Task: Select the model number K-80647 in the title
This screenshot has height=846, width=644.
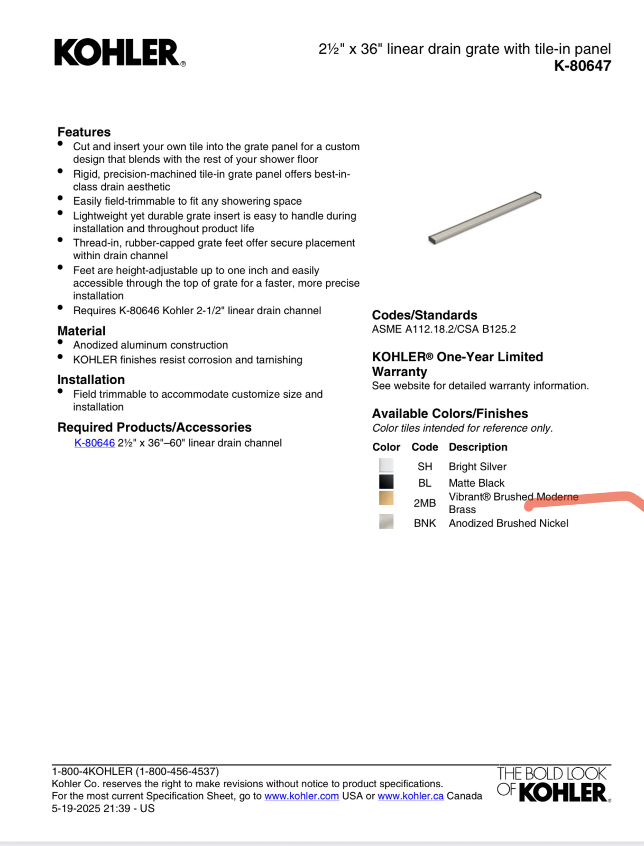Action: pyautogui.click(x=582, y=66)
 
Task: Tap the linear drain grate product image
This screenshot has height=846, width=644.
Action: pyautogui.click(x=484, y=217)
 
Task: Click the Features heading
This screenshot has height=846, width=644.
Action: pyautogui.click(x=84, y=132)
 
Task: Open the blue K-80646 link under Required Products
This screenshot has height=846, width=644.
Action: pyautogui.click(x=95, y=443)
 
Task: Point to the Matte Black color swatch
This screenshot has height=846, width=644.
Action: pyautogui.click(x=386, y=482)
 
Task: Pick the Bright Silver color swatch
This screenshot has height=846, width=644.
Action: pyautogui.click(x=386, y=466)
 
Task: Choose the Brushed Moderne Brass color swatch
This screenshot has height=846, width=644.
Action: pyautogui.click(x=386, y=498)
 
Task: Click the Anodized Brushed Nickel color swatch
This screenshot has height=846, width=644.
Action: pyautogui.click(x=386, y=522)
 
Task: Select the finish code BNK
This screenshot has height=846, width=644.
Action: pyautogui.click(x=425, y=523)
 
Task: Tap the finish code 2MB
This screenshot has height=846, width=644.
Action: pyautogui.click(x=425, y=503)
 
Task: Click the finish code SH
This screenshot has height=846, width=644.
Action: pyautogui.click(x=425, y=467)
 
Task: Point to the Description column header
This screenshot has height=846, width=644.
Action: pyautogui.click(x=477, y=447)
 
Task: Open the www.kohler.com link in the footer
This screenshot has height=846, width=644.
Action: pyautogui.click(x=301, y=796)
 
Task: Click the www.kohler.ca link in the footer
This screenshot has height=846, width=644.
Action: pyautogui.click(x=410, y=796)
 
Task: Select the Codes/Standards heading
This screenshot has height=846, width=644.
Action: pyautogui.click(x=424, y=315)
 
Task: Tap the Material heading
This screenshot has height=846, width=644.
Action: pyautogui.click(x=81, y=331)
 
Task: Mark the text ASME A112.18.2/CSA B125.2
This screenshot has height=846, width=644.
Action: pyautogui.click(x=444, y=329)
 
